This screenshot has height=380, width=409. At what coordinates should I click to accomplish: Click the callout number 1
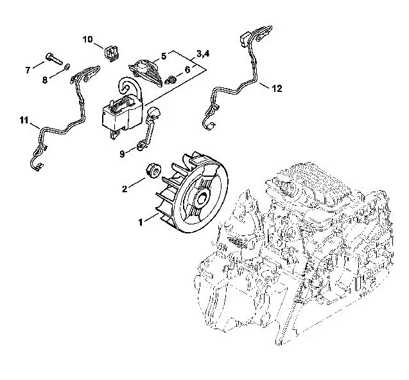[141, 222]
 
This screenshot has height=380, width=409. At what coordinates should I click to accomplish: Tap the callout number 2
[125, 189]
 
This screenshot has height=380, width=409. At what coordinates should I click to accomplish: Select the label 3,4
[203, 54]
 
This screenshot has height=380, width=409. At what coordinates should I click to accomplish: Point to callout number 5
[164, 56]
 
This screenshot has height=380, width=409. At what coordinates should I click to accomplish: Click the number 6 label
[187, 69]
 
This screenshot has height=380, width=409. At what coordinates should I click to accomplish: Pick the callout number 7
[28, 70]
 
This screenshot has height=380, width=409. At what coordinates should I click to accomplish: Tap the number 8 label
[45, 80]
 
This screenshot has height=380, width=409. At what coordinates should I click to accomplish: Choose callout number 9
[122, 154]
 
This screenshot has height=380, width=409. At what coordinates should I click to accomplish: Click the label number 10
[87, 39]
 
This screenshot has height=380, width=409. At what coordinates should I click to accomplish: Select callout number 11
[24, 120]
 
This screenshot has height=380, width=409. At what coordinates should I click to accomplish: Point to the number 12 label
[277, 89]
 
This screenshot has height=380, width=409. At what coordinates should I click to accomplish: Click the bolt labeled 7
[54, 59]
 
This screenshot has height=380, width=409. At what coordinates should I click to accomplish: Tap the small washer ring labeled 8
[67, 67]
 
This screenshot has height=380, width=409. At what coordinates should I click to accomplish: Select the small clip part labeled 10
[112, 53]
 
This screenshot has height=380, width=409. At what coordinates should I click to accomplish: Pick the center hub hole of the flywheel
[202, 199]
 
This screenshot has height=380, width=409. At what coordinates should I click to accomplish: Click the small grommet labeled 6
[171, 79]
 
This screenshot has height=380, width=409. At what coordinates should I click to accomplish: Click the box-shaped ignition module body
[123, 114]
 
